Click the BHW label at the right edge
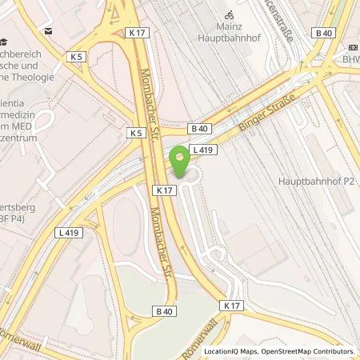click(351, 58)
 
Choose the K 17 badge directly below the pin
click(164, 190)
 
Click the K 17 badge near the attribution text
click(232, 306)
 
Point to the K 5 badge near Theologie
click(77, 57)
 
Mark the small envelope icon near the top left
click(49, 30)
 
